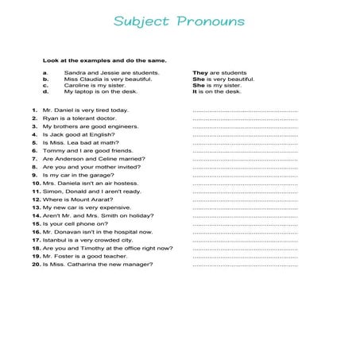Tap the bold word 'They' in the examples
[x=199, y=72]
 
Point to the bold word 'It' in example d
[x=195, y=91]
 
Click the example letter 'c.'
[x=46, y=85]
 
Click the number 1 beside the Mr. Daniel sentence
[x=36, y=110]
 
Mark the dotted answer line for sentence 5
[x=245, y=143]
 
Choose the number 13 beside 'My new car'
[x=37, y=208]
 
